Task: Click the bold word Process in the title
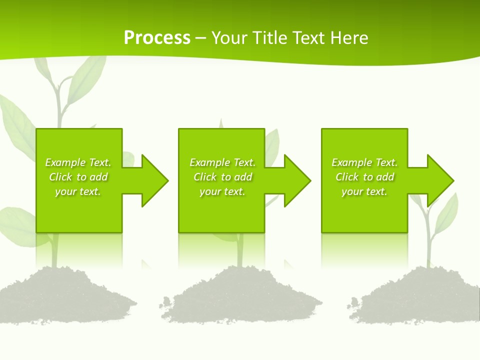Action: click(157, 38)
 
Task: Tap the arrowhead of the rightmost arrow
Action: click(439, 180)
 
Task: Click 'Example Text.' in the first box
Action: click(78, 162)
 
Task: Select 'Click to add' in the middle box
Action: click(223, 177)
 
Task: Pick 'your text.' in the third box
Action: click(364, 191)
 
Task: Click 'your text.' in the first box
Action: click(78, 191)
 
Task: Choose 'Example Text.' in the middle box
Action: click(222, 162)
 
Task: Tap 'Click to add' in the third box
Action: click(365, 177)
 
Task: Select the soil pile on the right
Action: click(420, 297)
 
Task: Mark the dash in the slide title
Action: click(201, 38)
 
